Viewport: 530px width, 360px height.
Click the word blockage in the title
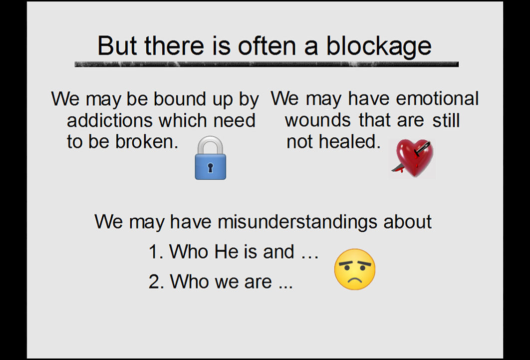379,46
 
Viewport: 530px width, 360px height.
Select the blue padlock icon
210,158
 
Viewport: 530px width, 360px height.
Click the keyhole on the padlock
210,167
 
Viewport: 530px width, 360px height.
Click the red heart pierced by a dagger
412,157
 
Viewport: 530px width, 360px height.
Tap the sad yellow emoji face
354,270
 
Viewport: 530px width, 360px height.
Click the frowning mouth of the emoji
354,280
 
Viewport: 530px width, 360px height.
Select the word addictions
110,120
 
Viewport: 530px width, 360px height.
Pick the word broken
147,141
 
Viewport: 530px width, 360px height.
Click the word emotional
437,99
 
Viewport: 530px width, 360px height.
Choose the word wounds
318,120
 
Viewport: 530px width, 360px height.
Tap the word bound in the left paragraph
180,99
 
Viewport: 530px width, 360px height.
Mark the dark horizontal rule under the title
266,64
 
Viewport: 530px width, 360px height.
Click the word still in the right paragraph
446,120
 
